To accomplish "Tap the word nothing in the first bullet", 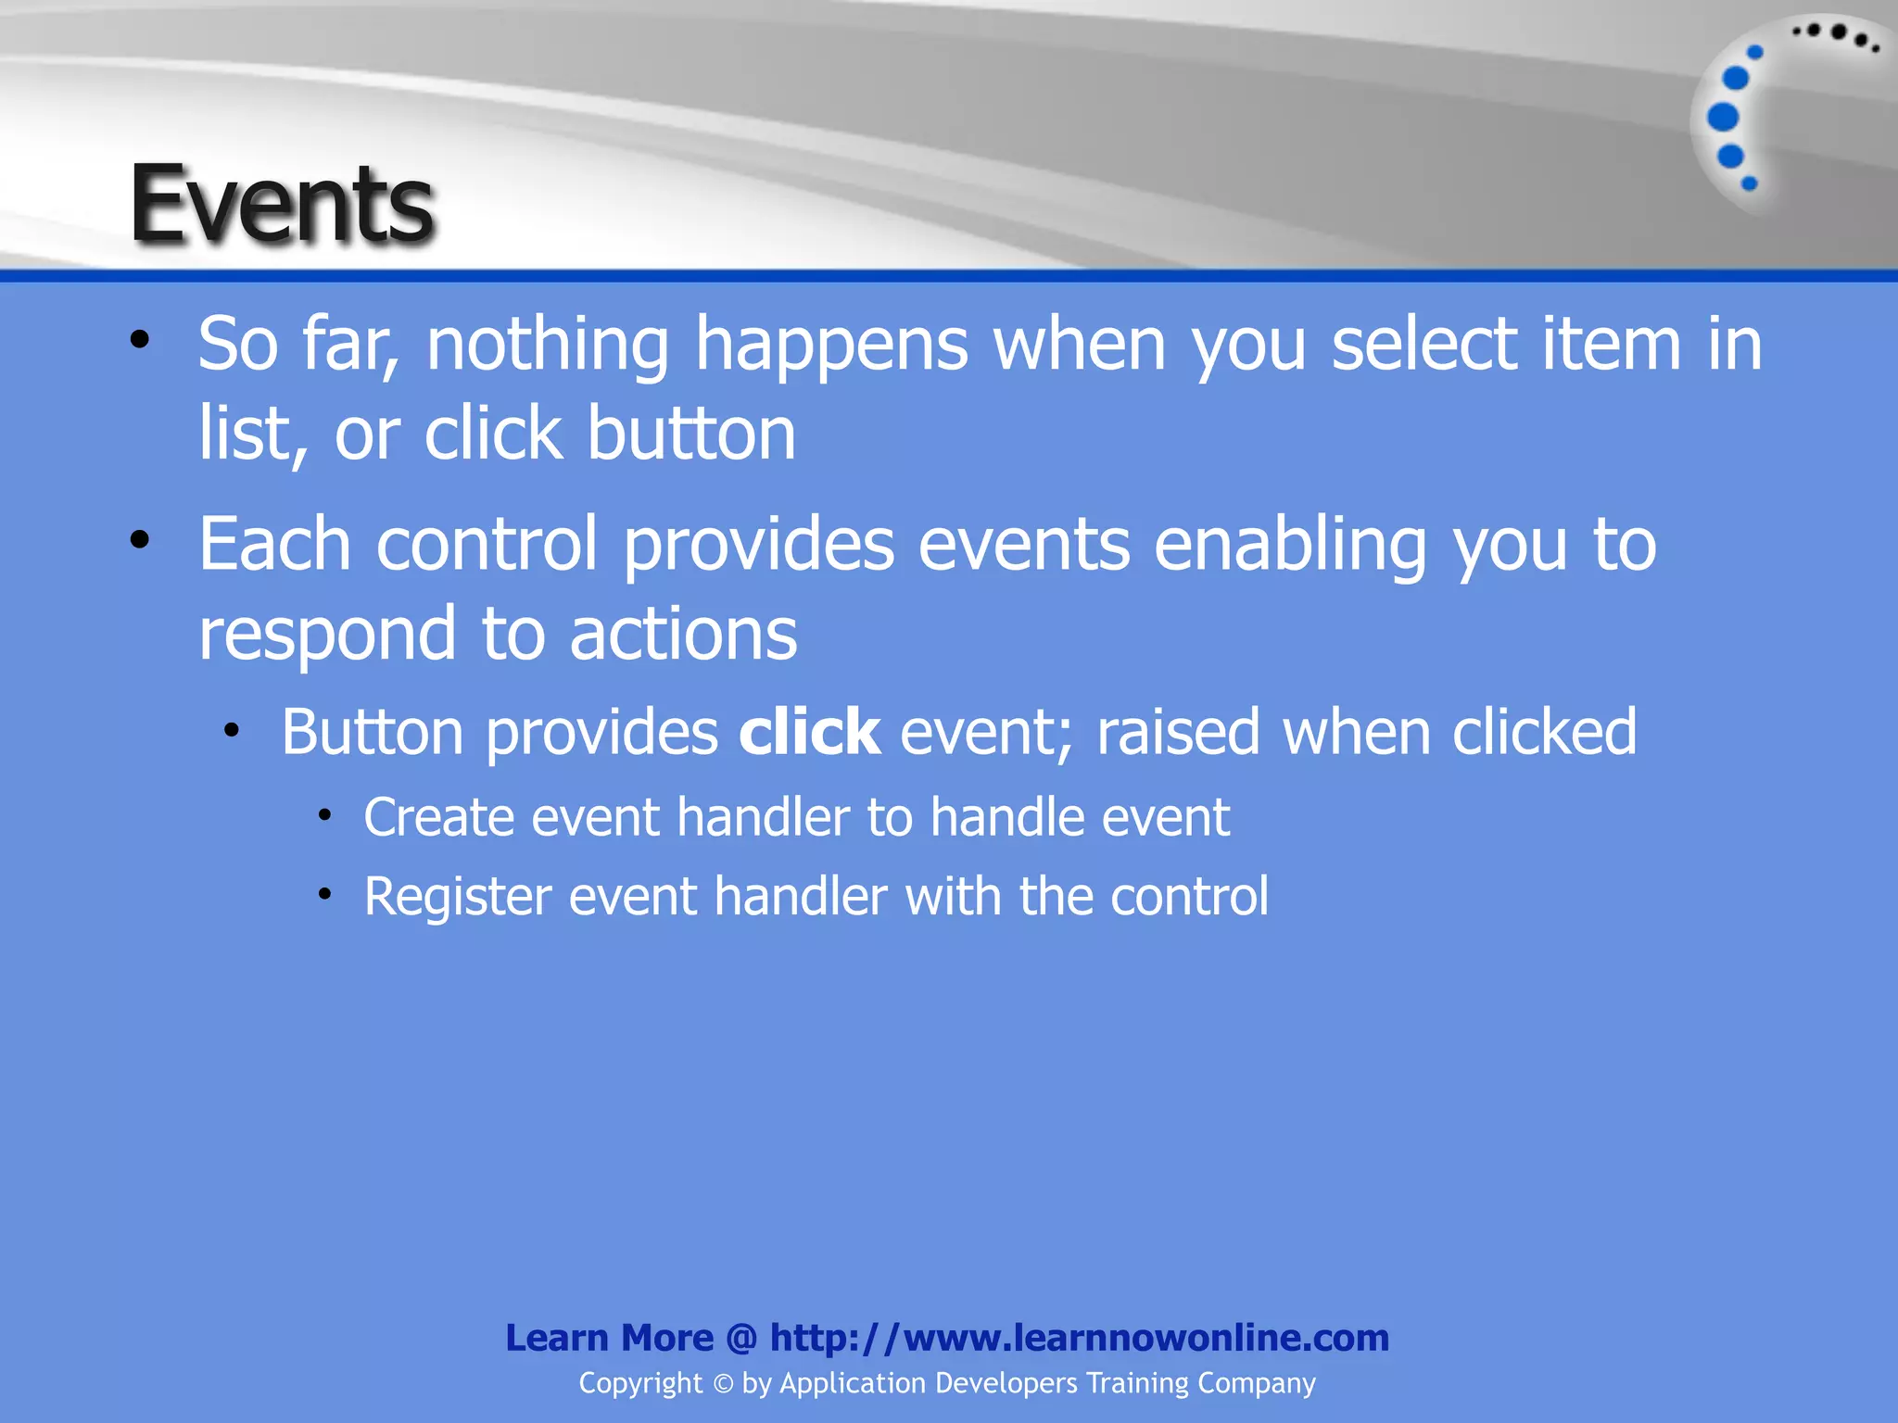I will (547, 345).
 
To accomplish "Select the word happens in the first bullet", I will (831, 345).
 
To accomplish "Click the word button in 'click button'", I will (691, 434).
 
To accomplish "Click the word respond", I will (327, 636).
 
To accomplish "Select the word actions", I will (683, 636).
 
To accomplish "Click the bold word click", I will (809, 733).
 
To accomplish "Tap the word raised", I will (1178, 733).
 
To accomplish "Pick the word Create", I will (438, 818).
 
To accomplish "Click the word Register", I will (457, 898).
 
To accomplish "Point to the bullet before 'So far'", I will (140, 340).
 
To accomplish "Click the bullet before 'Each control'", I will (140, 539).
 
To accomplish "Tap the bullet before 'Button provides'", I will (232, 731).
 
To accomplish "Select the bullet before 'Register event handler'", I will (324, 895).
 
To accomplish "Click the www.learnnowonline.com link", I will (1080, 1338).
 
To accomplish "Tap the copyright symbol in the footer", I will (723, 1384).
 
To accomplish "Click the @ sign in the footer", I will (741, 1339).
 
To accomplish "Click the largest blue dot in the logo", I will (1723, 118).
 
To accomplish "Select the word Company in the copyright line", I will (1256, 1383).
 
